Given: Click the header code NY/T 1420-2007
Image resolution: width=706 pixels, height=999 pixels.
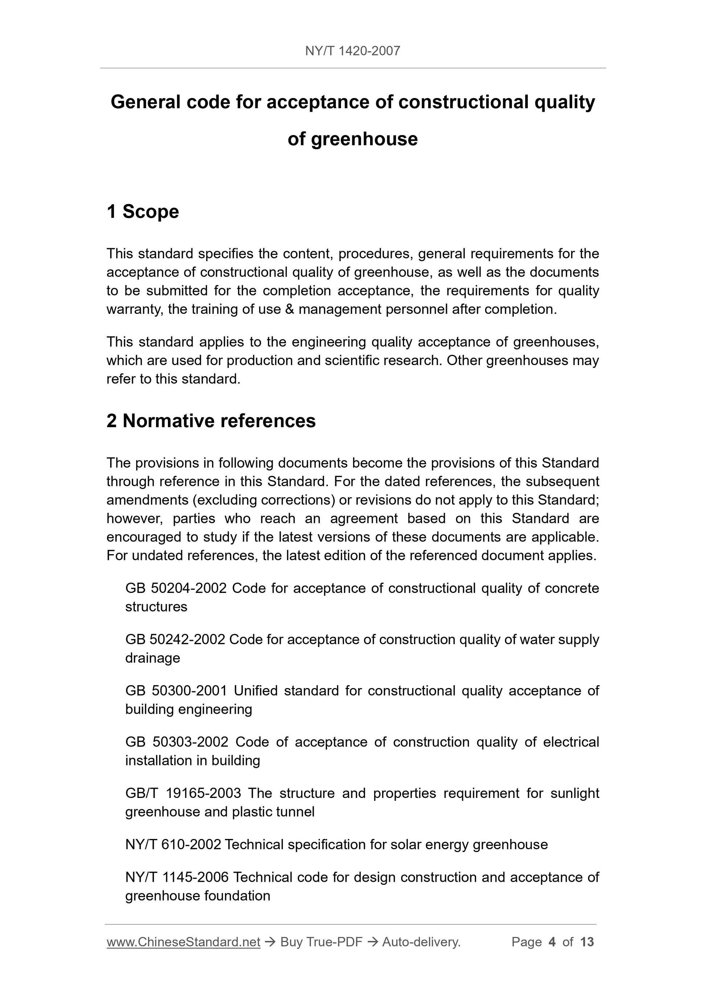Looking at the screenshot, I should pos(352,51).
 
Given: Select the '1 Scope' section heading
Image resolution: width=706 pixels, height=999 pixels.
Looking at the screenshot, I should pos(143,212).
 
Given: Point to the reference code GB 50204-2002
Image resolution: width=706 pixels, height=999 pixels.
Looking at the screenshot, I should pos(176,588).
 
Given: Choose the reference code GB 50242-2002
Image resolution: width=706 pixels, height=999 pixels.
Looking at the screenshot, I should pos(175,640).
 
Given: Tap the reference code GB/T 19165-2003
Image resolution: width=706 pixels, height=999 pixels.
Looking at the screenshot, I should pos(183,793).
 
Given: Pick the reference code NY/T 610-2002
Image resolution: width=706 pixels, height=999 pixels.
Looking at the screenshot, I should pos(173,844).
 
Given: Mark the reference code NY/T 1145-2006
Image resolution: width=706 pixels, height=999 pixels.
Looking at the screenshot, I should pos(177,877).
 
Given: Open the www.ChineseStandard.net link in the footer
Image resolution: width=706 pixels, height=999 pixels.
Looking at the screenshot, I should pos(183,942).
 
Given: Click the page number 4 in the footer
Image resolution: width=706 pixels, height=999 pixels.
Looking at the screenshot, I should pos(552,942).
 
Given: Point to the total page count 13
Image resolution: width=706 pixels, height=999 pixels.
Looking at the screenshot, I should pos(587,942).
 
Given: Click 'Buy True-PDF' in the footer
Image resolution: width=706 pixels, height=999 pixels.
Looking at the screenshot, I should pos(321,942).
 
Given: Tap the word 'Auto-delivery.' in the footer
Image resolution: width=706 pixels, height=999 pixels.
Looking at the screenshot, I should pos(421,942).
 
